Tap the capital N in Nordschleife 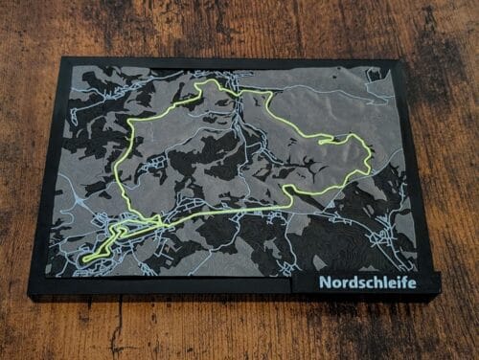326,282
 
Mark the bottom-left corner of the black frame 30,295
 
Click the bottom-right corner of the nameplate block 441,291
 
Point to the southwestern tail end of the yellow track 84,259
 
